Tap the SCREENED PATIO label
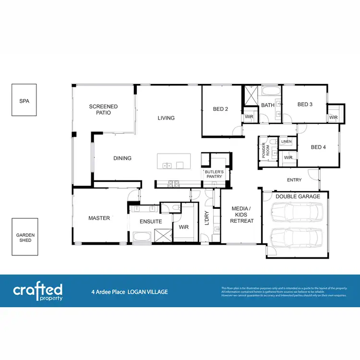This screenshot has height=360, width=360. (103, 109)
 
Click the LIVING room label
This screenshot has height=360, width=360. (166, 118)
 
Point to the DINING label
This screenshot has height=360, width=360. (122, 158)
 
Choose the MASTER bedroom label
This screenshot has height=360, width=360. (99, 218)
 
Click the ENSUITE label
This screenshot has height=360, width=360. (151, 222)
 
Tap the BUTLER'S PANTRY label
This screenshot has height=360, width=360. (214, 174)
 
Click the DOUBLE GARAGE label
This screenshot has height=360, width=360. (298, 196)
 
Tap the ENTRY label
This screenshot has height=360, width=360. (294, 180)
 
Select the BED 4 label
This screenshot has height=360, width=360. (318, 147)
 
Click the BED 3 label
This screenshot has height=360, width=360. (305, 104)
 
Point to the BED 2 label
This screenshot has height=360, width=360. (220, 109)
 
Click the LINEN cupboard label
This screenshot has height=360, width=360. (286, 142)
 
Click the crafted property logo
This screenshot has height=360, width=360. (38, 291)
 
